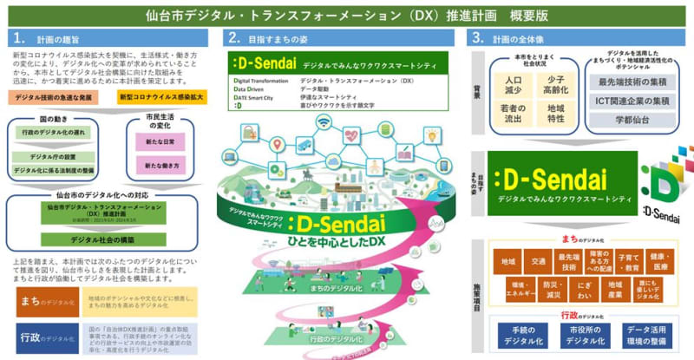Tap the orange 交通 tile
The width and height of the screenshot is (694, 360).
click(539, 260)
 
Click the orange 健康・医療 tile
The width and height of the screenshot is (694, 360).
click(658, 260)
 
